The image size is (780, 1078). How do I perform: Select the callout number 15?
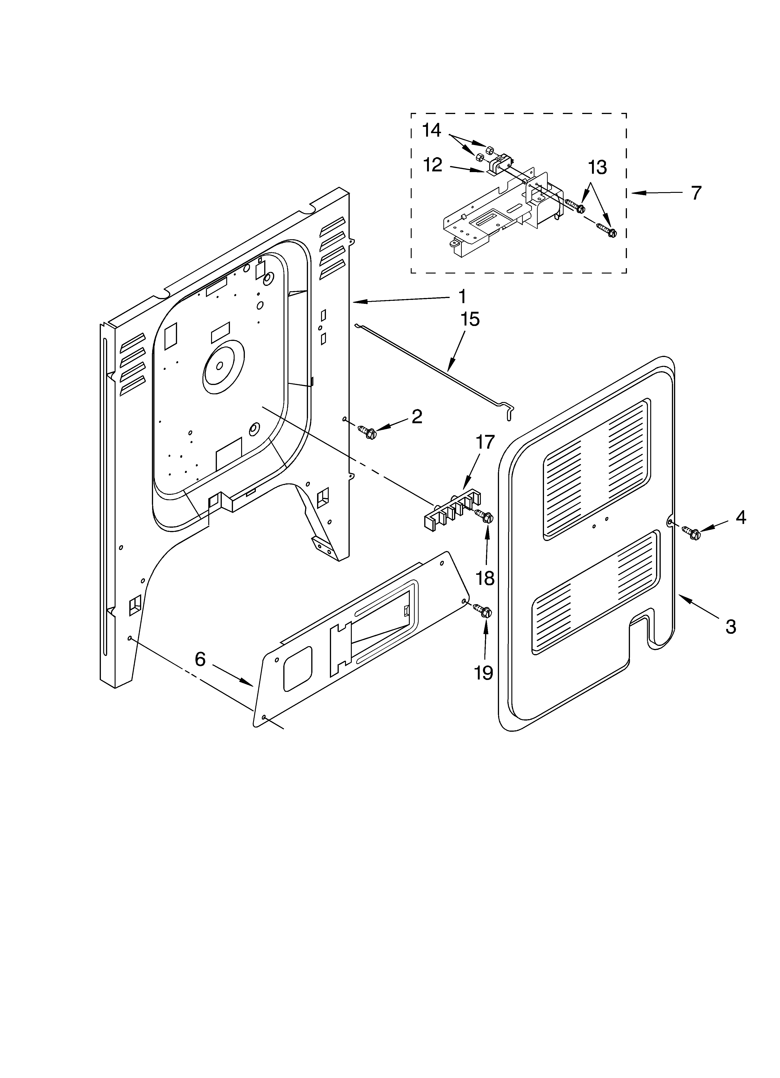469,319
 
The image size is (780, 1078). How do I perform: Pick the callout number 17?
485,443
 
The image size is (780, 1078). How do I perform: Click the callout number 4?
741,518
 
